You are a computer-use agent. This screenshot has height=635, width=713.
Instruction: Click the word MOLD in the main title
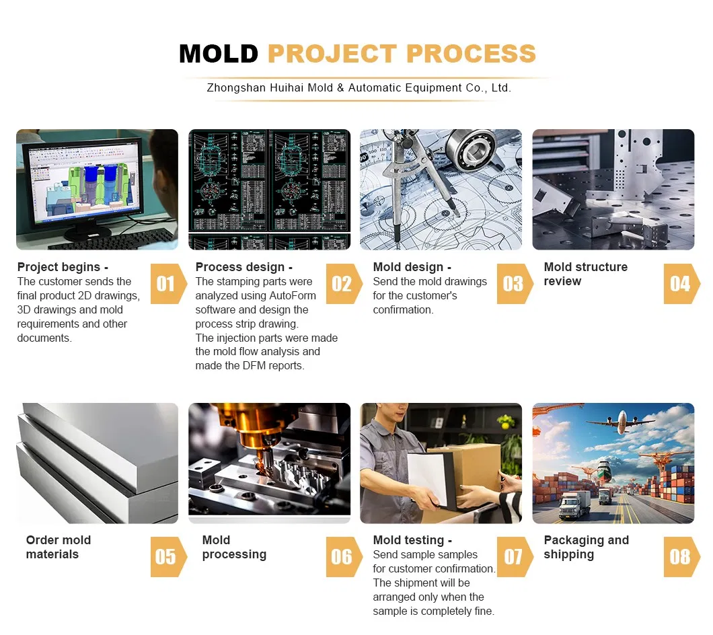click(219, 54)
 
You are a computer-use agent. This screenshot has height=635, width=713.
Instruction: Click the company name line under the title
click(359, 88)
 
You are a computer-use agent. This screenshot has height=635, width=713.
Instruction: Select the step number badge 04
click(680, 284)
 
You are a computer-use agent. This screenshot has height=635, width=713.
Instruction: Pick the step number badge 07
click(513, 557)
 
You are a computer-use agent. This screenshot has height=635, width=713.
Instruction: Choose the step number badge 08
click(680, 557)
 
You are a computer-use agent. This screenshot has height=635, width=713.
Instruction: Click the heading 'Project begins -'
click(63, 267)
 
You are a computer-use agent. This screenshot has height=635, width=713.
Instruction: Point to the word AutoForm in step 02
click(285, 296)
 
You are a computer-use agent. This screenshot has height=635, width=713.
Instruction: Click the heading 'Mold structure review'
click(585, 274)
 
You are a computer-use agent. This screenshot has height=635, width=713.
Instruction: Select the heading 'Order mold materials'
click(58, 548)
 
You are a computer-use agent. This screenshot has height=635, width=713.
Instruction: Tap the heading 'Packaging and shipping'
click(586, 548)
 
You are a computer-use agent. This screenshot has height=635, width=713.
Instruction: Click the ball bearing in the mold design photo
click(474, 149)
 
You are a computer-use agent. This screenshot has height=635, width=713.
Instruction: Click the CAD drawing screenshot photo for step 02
click(269, 190)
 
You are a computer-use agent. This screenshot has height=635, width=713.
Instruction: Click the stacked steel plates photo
click(97, 463)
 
